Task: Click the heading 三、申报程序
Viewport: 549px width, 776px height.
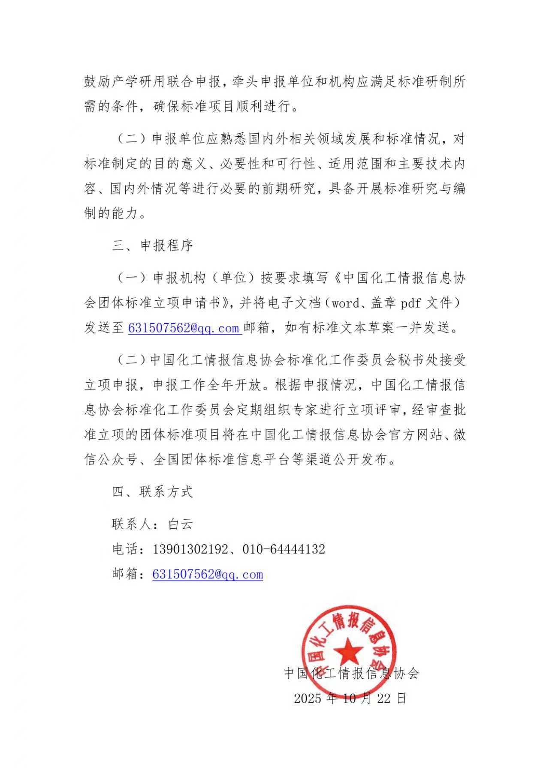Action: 153,246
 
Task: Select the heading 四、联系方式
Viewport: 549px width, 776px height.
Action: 153,491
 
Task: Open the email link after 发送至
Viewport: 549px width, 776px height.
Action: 184,328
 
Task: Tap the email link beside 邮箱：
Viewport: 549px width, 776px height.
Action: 208,574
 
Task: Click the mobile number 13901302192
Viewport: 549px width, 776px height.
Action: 190,549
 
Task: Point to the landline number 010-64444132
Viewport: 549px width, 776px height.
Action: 284,549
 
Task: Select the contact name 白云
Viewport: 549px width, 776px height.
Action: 181,524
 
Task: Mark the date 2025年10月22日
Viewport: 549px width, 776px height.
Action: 350,698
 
